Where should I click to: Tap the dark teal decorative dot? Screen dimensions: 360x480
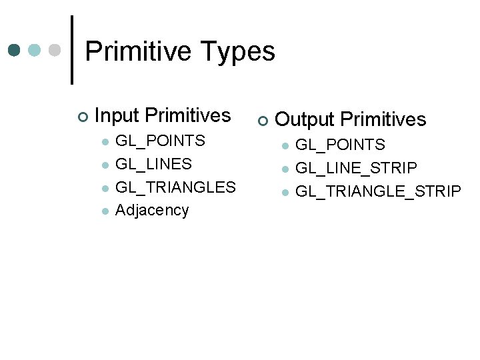[x=15, y=50]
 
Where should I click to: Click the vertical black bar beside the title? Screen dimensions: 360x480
[x=72, y=50]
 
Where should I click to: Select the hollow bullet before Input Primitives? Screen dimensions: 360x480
[x=81, y=117]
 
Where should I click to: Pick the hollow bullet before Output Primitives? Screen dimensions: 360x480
[x=262, y=121]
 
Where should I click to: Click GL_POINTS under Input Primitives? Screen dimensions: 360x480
[x=160, y=141]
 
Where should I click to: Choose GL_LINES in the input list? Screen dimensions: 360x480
[x=153, y=164]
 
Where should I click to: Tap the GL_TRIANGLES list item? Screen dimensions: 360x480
[x=175, y=187]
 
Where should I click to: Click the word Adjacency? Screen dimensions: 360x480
[x=152, y=210]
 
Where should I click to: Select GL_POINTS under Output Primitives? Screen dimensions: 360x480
[x=340, y=145]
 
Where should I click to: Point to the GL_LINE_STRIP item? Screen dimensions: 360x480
[x=356, y=168]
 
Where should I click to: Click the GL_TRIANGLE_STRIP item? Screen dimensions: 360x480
[x=377, y=191]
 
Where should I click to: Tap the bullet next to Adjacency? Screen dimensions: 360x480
[x=104, y=211]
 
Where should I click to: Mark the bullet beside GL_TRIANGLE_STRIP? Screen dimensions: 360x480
[x=285, y=192]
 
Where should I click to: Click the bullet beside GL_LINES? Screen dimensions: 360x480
[x=104, y=165]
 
